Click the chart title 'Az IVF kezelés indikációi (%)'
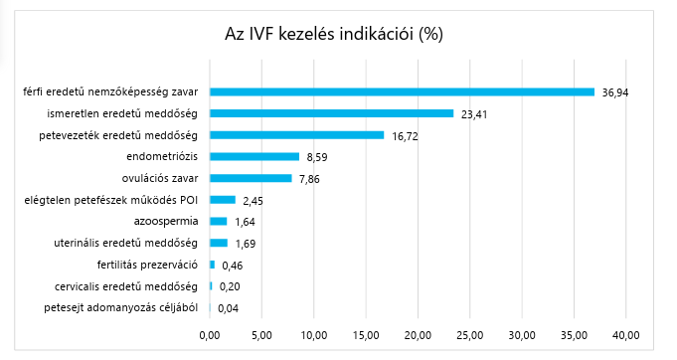click(x=334, y=33)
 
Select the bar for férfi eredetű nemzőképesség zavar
click(x=402, y=91)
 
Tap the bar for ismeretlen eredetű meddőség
click(x=331, y=113)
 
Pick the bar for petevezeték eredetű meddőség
click(x=296, y=135)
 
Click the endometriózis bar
click(x=254, y=156)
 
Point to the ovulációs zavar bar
click(x=251, y=178)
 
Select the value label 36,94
click(x=615, y=92)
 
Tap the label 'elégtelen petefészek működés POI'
click(x=112, y=200)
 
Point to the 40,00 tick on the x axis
click(x=626, y=333)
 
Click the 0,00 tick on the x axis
click(x=210, y=333)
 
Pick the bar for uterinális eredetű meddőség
click(x=219, y=243)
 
